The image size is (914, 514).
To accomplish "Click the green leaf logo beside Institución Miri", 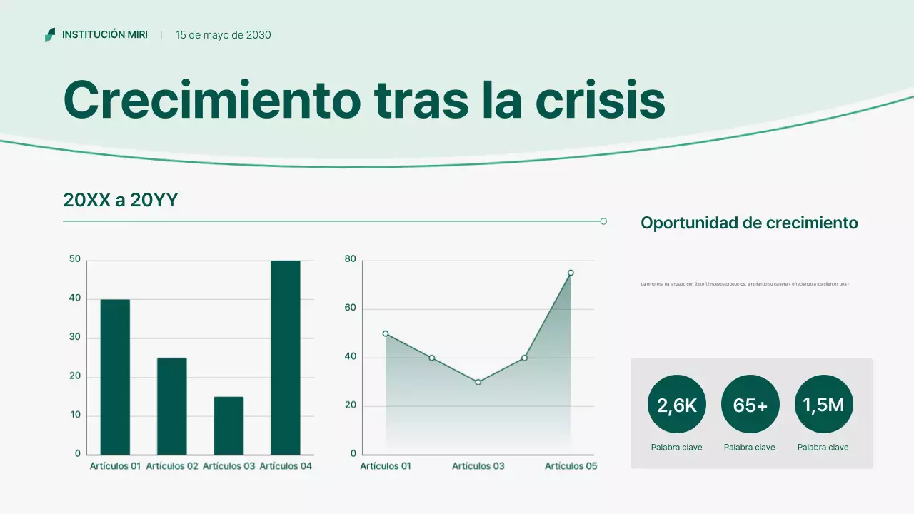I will pyautogui.click(x=50, y=34).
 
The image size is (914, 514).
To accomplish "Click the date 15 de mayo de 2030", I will pyautogui.click(x=224, y=35).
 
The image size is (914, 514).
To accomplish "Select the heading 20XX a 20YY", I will pyautogui.click(x=120, y=201).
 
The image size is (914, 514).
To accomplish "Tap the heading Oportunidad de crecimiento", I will pyautogui.click(x=749, y=223).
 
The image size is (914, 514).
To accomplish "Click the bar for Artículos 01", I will pyautogui.click(x=115, y=377).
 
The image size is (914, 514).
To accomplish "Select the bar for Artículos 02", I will pyautogui.click(x=172, y=406).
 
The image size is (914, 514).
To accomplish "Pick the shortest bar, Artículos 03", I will pyautogui.click(x=228, y=425).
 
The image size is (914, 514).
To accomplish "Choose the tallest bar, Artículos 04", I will pyautogui.click(x=286, y=357).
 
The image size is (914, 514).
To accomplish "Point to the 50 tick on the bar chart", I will pyautogui.click(x=75, y=259).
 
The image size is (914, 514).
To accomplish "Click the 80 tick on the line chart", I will pyautogui.click(x=350, y=259).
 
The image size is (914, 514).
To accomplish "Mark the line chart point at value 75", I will pyautogui.click(x=571, y=273).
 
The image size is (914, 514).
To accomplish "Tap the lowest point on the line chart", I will pyautogui.click(x=478, y=382).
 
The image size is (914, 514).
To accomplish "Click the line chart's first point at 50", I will pyautogui.click(x=386, y=333).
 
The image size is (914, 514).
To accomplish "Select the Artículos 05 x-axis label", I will pyautogui.click(x=571, y=466).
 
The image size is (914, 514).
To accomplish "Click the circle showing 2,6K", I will pyautogui.click(x=676, y=405).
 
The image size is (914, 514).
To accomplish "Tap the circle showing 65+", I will pyautogui.click(x=750, y=405).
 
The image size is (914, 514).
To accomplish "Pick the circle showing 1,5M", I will pyautogui.click(x=823, y=405).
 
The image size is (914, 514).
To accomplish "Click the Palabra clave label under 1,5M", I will pyautogui.click(x=823, y=448).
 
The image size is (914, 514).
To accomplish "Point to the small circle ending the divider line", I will pyautogui.click(x=603, y=221).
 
